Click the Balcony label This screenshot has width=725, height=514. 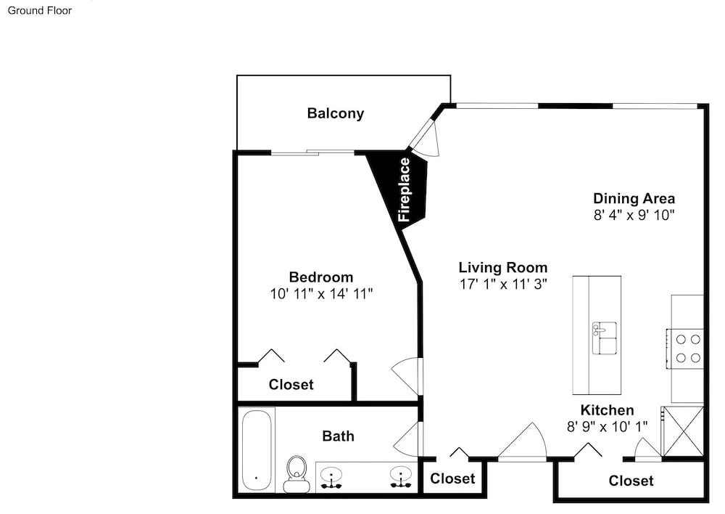pyautogui.click(x=335, y=113)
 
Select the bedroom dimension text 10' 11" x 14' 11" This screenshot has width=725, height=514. pyautogui.click(x=321, y=293)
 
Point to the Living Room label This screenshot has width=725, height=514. pyautogui.click(x=503, y=267)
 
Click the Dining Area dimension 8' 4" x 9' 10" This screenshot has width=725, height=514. pyautogui.click(x=634, y=215)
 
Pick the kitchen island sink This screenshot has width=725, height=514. pyautogui.click(x=605, y=338)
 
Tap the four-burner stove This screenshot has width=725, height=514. pyautogui.click(x=685, y=348)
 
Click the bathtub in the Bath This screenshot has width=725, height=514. pyautogui.click(x=257, y=449)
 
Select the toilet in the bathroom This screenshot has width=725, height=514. pyautogui.click(x=297, y=474)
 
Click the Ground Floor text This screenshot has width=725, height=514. pyautogui.click(x=40, y=10)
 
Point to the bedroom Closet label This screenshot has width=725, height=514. pyautogui.click(x=291, y=384)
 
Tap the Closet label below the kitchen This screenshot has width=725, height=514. pyautogui.click(x=631, y=481)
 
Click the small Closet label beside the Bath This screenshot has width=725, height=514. pyautogui.click(x=452, y=478)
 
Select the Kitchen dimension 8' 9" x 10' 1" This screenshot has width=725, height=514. pyautogui.click(x=607, y=426)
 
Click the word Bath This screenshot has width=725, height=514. pyautogui.click(x=338, y=436)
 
